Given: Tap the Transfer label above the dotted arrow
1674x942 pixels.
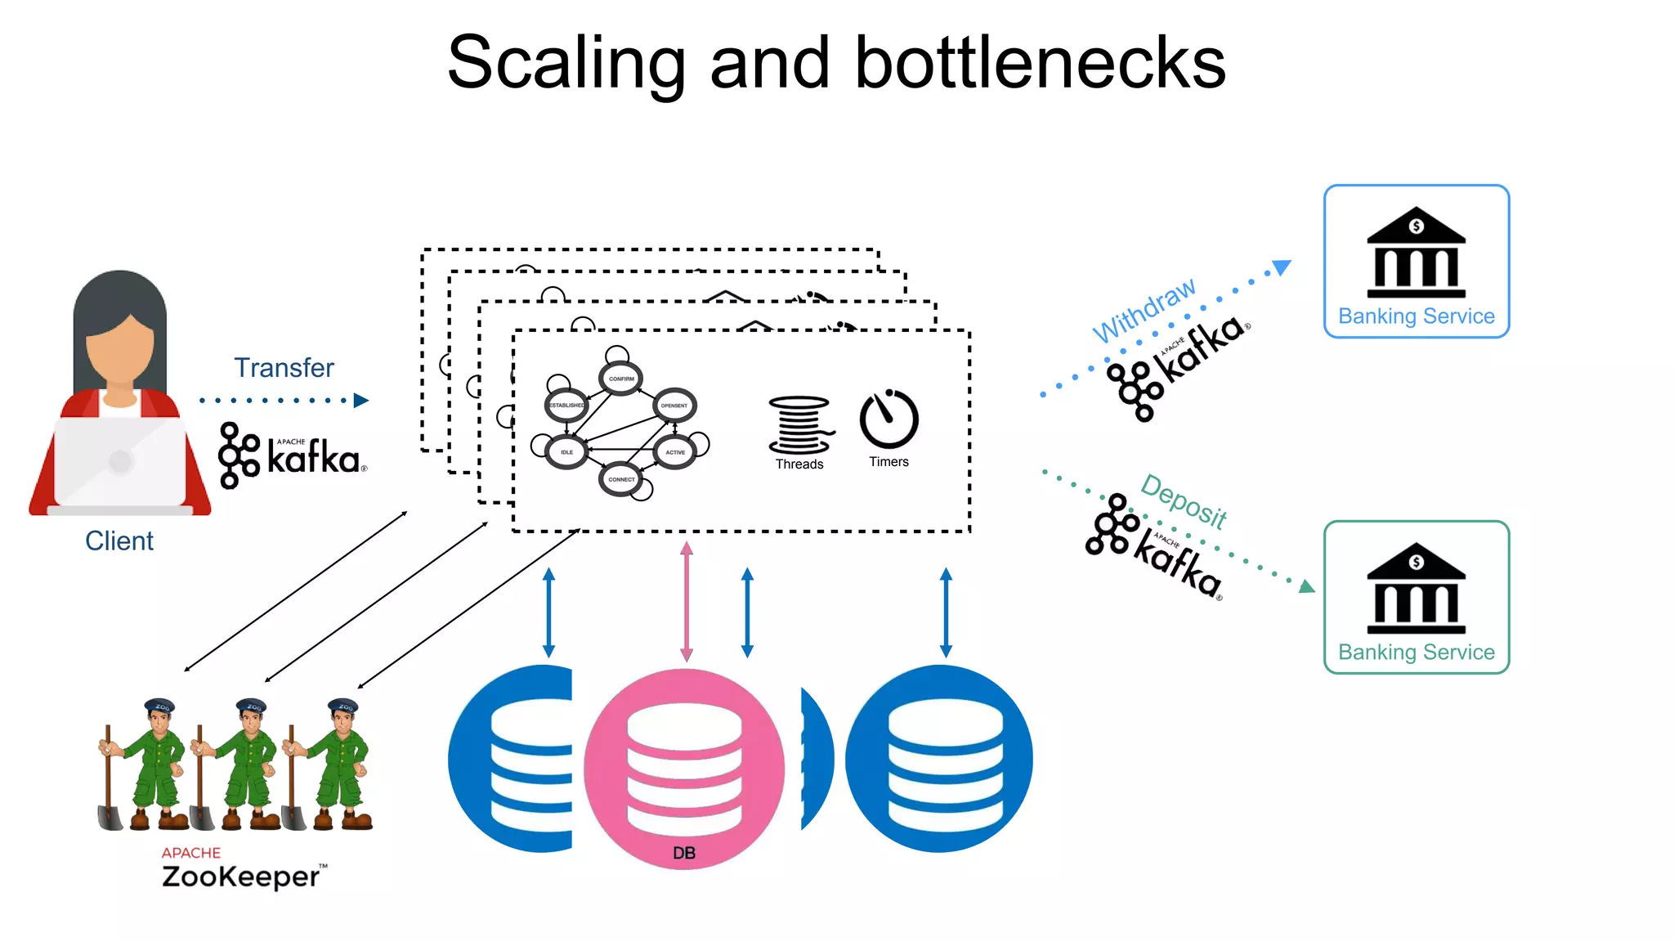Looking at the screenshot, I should [284, 368].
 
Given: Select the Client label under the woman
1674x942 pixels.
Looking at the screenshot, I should [119, 541].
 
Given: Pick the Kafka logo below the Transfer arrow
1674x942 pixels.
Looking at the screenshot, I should [293, 455].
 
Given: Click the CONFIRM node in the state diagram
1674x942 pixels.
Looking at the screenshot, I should [621, 379].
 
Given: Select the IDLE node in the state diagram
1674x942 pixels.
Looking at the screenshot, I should [566, 451].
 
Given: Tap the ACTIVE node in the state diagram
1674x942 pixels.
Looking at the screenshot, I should [675, 451].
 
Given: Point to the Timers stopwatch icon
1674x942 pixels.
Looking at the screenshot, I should [888, 419].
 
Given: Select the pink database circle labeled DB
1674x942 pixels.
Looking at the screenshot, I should [684, 769].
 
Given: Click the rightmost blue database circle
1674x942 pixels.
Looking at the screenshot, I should [940, 759].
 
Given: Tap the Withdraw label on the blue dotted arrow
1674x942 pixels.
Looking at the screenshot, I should [1144, 311].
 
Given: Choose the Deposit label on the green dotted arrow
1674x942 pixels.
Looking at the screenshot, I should [1184, 501].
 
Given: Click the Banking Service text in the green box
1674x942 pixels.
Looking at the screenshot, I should [1416, 653].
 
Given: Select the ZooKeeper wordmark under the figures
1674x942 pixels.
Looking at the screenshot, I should [240, 877].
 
